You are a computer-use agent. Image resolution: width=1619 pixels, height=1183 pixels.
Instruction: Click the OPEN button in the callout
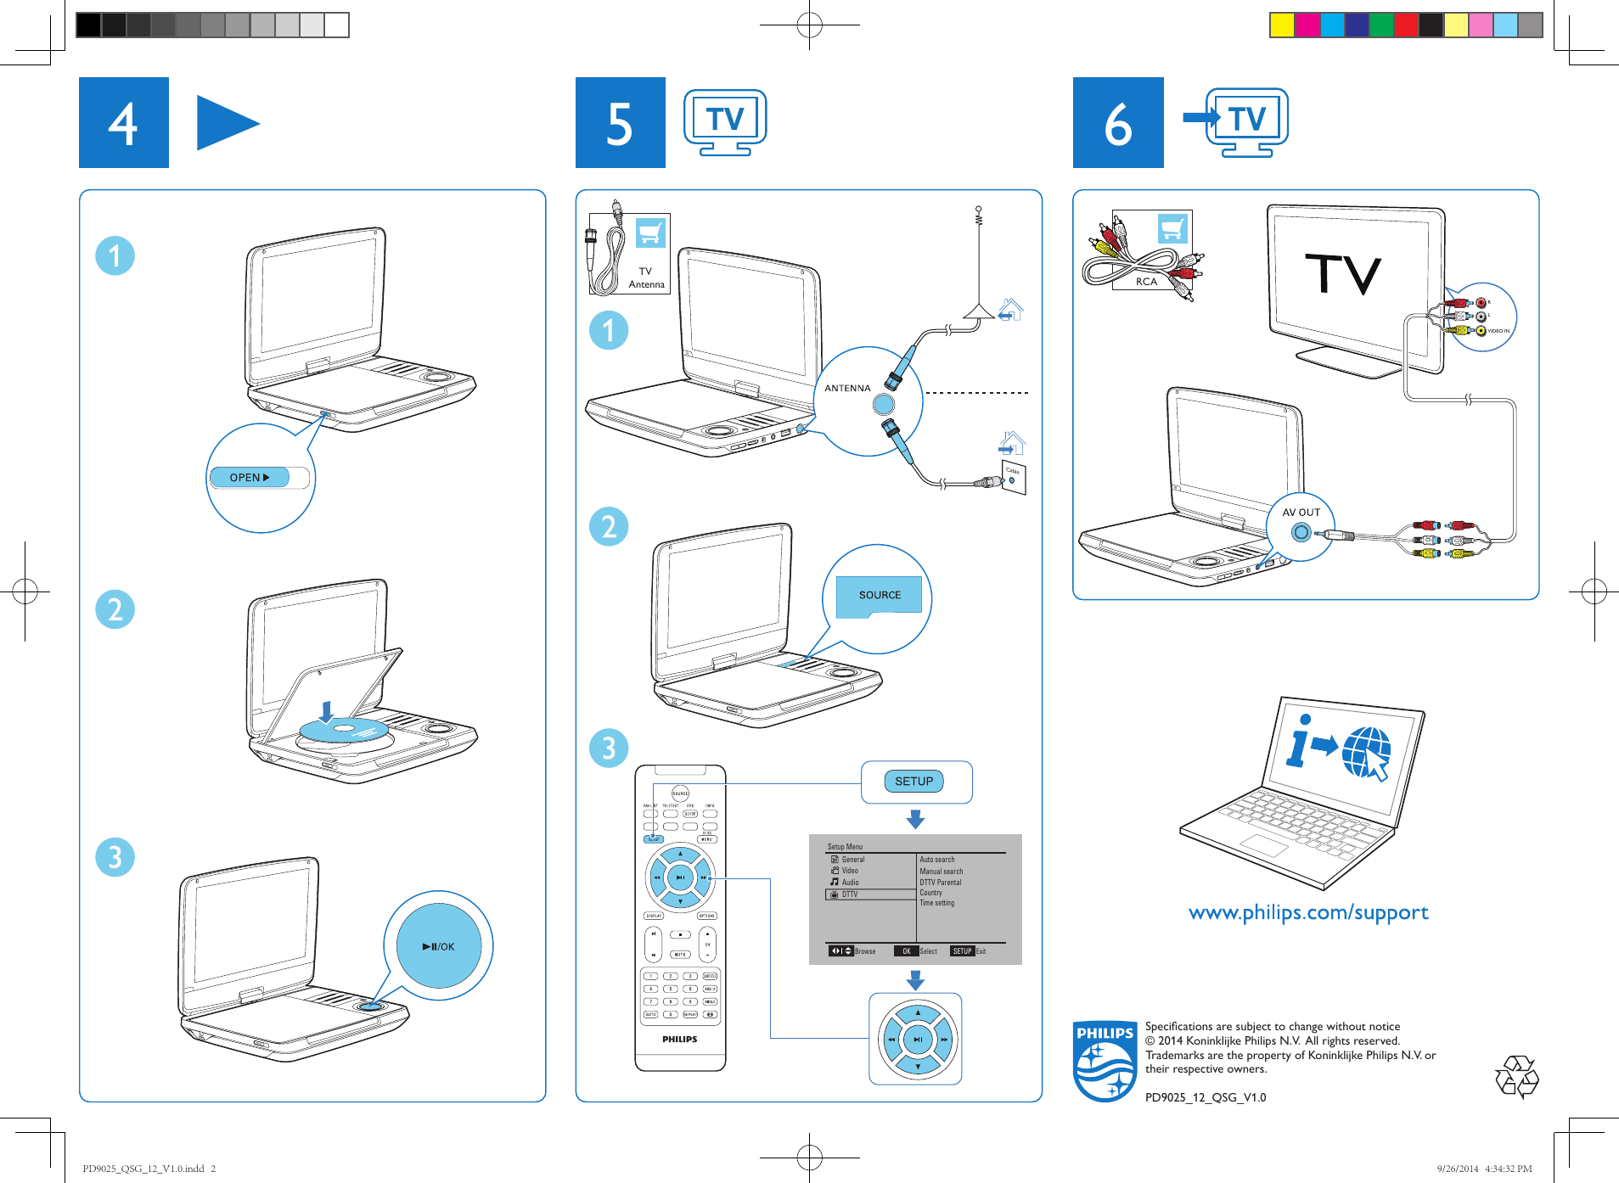(250, 478)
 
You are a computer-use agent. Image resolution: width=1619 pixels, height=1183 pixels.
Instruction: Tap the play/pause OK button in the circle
(439, 946)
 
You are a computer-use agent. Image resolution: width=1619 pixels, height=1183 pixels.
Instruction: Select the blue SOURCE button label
(880, 595)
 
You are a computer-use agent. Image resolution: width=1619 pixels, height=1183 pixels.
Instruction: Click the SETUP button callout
(913, 782)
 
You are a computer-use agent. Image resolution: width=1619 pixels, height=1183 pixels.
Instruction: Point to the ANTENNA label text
(847, 388)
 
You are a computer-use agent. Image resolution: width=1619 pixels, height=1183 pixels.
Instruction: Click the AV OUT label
(1301, 513)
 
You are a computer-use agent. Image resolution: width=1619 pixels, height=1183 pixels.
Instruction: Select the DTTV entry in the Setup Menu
(850, 894)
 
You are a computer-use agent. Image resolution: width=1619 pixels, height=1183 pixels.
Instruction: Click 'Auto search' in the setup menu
(937, 860)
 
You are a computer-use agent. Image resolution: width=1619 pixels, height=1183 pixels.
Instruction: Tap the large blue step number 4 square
(124, 123)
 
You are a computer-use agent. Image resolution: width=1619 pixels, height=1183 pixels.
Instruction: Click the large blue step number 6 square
(1118, 123)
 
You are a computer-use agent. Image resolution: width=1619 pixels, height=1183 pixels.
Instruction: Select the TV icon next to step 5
(725, 121)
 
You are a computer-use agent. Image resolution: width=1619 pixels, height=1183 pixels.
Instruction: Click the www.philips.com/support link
(1307, 913)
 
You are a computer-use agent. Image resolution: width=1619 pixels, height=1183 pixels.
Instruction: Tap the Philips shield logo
(1105, 1062)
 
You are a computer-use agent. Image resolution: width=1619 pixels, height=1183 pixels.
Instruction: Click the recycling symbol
(1516, 1077)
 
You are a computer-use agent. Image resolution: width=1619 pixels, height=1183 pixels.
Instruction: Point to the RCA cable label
(1146, 282)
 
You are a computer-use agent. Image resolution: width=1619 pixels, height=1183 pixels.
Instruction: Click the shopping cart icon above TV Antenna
(651, 232)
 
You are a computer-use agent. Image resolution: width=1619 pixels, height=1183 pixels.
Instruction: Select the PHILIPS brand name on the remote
(679, 1039)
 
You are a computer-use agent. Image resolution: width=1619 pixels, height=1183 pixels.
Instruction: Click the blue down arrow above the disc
(326, 711)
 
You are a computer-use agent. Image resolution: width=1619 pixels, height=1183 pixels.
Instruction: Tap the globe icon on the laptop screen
(1365, 750)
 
